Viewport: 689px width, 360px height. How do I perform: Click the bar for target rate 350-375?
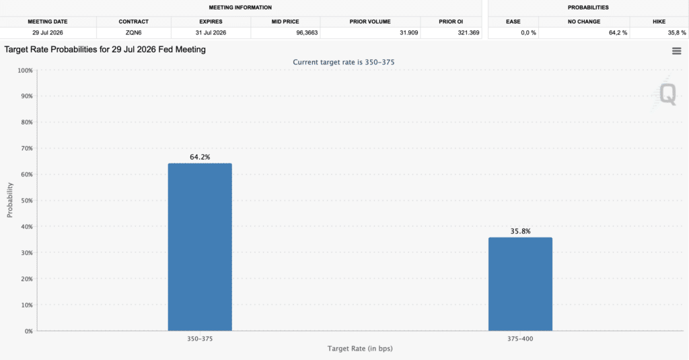tap(200, 247)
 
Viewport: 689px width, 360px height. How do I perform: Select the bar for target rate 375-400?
tap(520, 284)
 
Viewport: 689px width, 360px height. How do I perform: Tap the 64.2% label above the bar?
tap(200, 157)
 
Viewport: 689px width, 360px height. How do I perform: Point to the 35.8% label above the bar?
tap(520, 231)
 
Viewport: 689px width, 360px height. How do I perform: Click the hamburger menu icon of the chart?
tap(677, 51)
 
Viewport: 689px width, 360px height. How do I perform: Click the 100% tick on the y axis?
tap(25, 71)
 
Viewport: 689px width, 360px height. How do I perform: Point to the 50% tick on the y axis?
tap(27, 201)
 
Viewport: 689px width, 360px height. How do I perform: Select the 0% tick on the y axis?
tap(28, 331)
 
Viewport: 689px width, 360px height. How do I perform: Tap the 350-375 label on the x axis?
tap(200, 339)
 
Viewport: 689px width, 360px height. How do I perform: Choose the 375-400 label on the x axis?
tap(520, 339)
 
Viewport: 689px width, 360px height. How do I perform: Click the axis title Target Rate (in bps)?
tap(360, 349)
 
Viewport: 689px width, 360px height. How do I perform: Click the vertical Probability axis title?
tap(9, 200)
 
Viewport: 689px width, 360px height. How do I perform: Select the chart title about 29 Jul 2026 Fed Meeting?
tap(105, 50)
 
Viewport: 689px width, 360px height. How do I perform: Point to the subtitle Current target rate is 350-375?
tap(344, 63)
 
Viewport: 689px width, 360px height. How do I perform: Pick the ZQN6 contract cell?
tap(134, 32)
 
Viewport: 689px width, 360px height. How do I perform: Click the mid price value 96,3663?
tap(307, 32)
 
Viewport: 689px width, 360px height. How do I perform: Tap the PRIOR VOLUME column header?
tap(370, 22)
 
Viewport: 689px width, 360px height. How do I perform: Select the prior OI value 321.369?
tap(468, 32)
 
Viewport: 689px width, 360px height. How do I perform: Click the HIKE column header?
tap(659, 22)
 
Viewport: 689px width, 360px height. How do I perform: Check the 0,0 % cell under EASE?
tap(528, 32)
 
